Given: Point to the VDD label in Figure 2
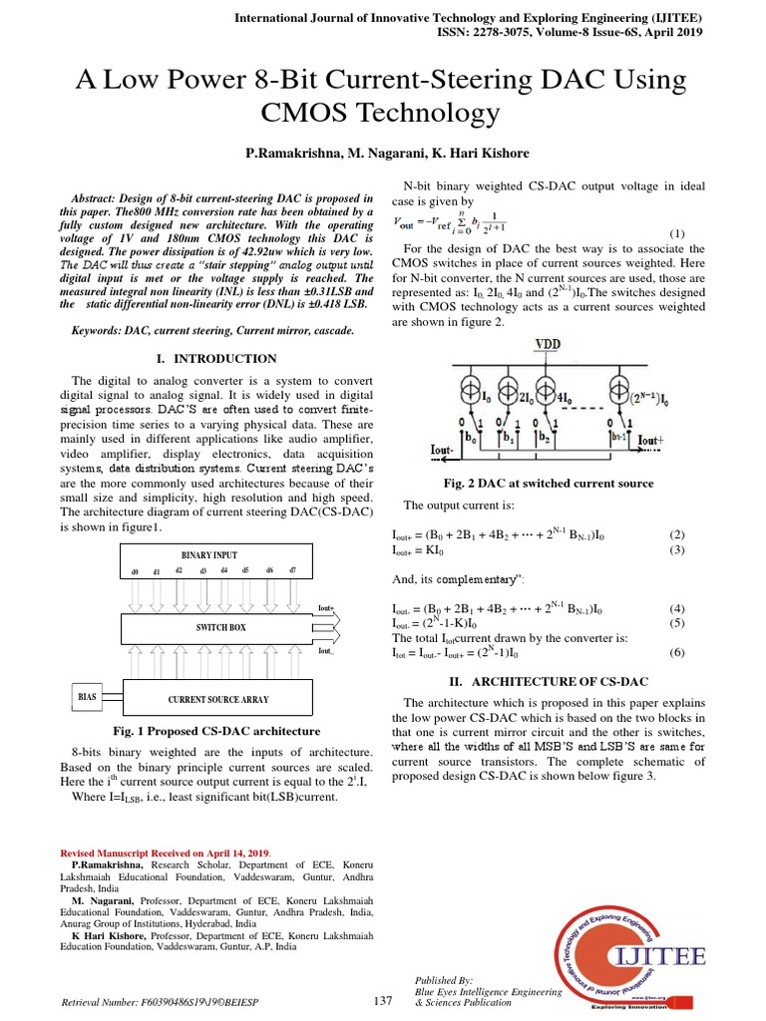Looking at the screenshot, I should (x=548, y=344).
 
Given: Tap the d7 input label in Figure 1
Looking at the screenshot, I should (x=291, y=571).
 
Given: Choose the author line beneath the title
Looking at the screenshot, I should (x=383, y=154).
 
